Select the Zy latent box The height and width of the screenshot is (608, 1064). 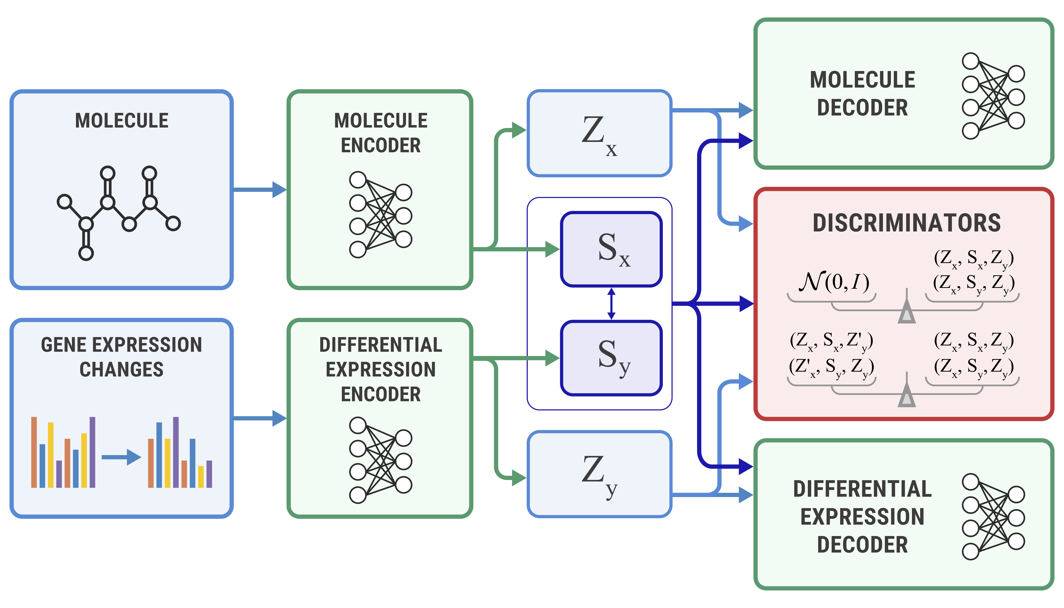tap(599, 474)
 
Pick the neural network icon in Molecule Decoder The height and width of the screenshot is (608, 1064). tap(993, 96)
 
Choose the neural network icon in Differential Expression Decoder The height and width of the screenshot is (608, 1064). tap(993, 517)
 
